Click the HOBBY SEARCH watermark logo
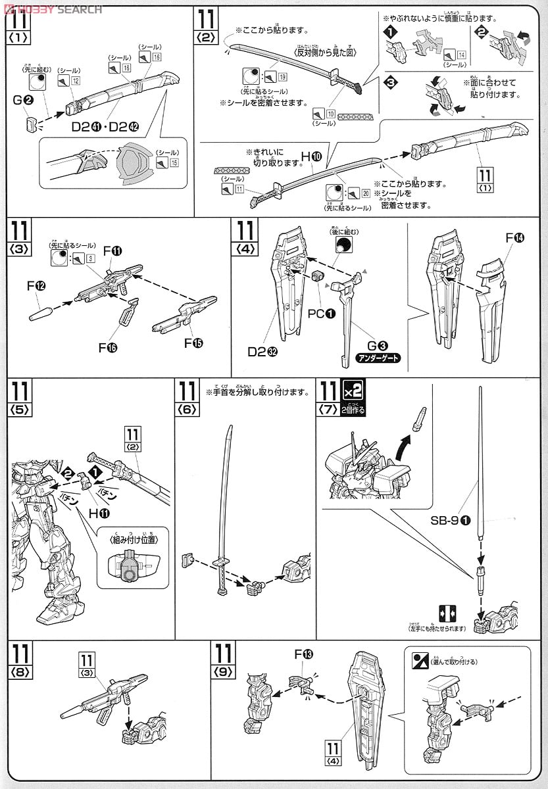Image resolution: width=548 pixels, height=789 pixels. point(53,9)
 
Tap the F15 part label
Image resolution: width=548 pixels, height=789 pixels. point(192,344)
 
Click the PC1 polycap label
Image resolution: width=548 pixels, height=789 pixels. point(321,314)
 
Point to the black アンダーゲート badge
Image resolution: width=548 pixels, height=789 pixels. point(377,358)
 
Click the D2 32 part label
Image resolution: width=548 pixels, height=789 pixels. point(261,352)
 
